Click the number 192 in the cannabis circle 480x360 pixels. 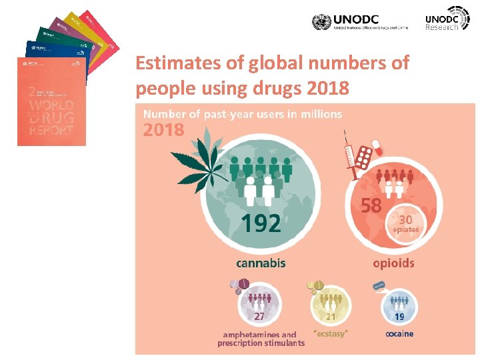pyautogui.click(x=261, y=223)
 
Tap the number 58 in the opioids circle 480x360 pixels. pyautogui.click(x=371, y=205)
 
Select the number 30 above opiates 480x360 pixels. pyautogui.click(x=405, y=219)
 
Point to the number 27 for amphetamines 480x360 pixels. pyautogui.click(x=259, y=315)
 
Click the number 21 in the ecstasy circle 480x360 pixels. pyautogui.click(x=330, y=315)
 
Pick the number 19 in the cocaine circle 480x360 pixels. pyautogui.click(x=399, y=315)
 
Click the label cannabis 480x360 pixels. pyautogui.click(x=261, y=263)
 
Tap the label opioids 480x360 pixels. pyautogui.click(x=393, y=263)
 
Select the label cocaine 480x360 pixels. pyautogui.click(x=399, y=333)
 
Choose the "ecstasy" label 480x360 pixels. pyautogui.click(x=331, y=332)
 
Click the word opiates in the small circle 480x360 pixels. pyautogui.click(x=405, y=229)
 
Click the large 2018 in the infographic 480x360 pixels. pyautogui.click(x=163, y=130)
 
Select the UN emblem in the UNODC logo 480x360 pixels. pyautogui.click(x=321, y=22)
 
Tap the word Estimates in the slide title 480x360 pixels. pyautogui.click(x=173, y=64)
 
